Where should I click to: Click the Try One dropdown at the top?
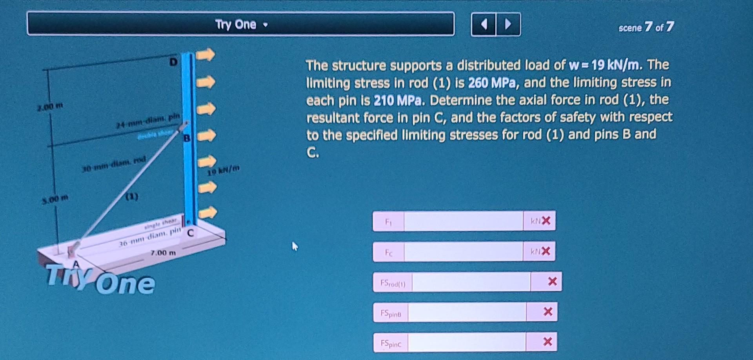tap(240, 24)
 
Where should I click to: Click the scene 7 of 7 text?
tap(646, 27)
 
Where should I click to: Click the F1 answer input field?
tap(463, 221)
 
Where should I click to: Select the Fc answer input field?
tap(463, 252)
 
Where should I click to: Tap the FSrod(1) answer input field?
tap(471, 282)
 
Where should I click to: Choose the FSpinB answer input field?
tap(467, 313)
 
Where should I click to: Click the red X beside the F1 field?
tap(546, 221)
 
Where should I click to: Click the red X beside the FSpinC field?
tap(547, 342)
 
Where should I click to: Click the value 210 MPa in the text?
tap(398, 101)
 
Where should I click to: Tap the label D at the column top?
tap(173, 62)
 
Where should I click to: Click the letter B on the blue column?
tap(187, 138)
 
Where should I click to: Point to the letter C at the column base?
tap(190, 233)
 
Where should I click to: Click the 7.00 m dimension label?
tap(163, 253)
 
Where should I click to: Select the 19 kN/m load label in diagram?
tap(223, 170)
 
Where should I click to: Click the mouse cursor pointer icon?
tap(295, 246)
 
